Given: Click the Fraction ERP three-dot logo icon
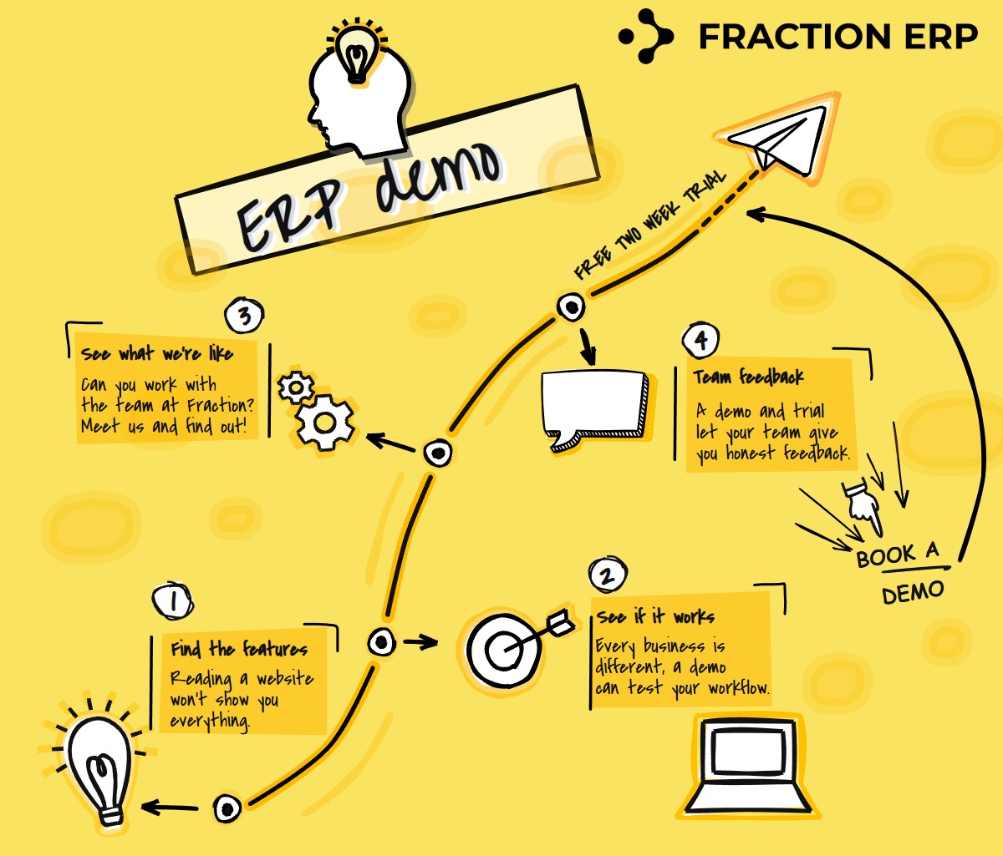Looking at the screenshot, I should (x=645, y=36).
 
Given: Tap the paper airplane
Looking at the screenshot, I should (x=777, y=138).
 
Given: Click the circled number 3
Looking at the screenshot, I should (x=244, y=317).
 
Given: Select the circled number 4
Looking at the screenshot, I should (x=700, y=341).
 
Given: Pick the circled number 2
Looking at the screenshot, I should (x=608, y=575).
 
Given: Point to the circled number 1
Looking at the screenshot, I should (x=173, y=600).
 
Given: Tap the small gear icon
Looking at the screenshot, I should (x=296, y=387).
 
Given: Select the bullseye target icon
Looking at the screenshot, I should (x=501, y=649).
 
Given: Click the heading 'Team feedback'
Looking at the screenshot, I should (x=748, y=377).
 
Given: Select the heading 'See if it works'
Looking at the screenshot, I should (x=655, y=617).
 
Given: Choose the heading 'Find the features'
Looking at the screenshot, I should (x=239, y=649).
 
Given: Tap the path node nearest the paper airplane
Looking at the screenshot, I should (x=572, y=307).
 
